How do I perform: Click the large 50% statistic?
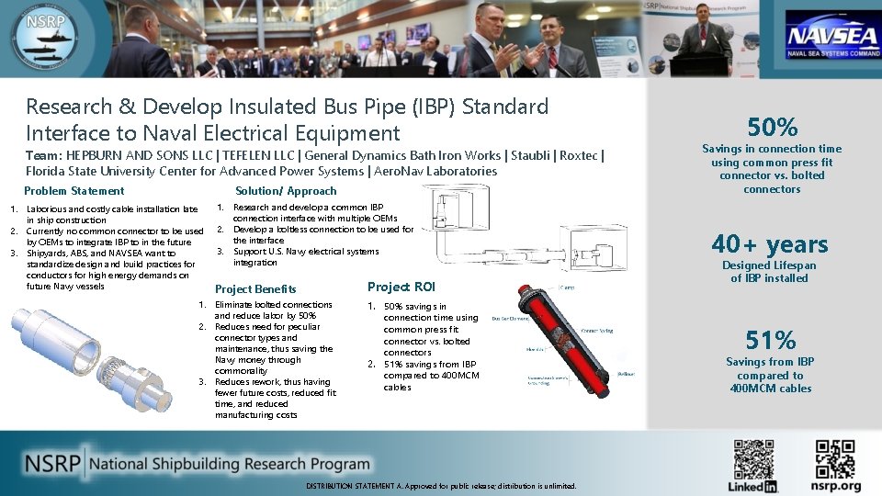click(x=772, y=127)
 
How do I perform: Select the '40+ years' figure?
click(x=770, y=243)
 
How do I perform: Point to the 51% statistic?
click(x=771, y=341)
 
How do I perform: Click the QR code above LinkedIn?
click(x=753, y=458)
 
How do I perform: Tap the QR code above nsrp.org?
click(x=837, y=458)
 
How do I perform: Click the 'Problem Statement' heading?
click(x=73, y=191)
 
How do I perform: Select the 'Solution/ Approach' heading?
click(x=286, y=191)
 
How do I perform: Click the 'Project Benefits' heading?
click(x=255, y=288)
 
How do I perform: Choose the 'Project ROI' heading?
click(x=401, y=287)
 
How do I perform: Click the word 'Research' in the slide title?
click(x=69, y=107)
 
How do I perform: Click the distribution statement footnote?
click(x=441, y=485)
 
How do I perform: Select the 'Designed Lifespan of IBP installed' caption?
click(x=770, y=272)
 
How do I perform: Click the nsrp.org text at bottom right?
click(x=837, y=486)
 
